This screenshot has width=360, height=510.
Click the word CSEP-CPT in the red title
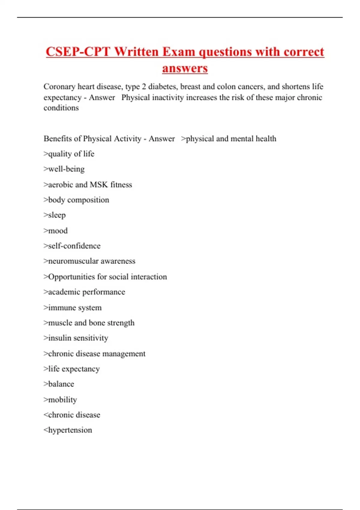[x=78, y=52]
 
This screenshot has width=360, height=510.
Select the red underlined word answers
[x=185, y=68]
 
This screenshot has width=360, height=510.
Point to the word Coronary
[x=59, y=87]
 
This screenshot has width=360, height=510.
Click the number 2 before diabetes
[x=144, y=87]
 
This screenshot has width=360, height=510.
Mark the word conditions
[x=61, y=108]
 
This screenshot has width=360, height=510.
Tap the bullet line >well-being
[x=64, y=169]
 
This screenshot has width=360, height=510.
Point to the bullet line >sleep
[x=55, y=215]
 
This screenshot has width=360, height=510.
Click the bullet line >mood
[x=55, y=231]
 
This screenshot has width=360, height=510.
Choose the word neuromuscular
[x=73, y=261]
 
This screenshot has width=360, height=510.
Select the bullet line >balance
[x=59, y=384]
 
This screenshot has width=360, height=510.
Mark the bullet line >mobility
[x=60, y=400]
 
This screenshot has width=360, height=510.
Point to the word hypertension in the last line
[x=70, y=430]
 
